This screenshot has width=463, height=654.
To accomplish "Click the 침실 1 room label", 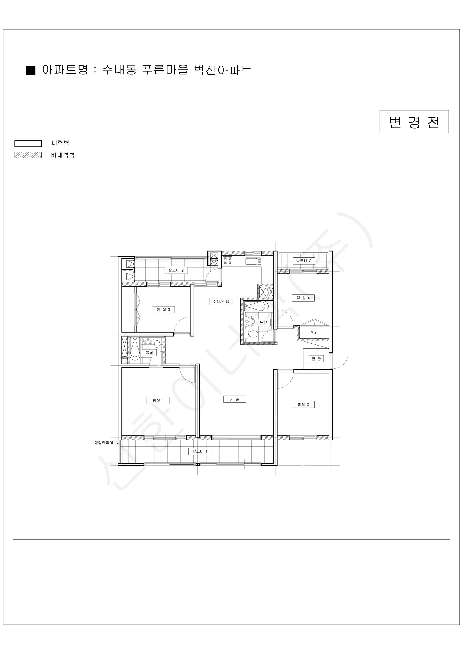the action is pos(158,400).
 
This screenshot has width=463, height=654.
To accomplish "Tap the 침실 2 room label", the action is pos(303,404).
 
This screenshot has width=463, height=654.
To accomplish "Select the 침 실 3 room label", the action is pos(163,310).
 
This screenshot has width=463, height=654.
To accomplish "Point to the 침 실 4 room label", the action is pos(303,298).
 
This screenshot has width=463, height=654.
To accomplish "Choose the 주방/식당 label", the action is pos(221,301).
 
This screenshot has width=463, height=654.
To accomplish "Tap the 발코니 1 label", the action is pos(200,451).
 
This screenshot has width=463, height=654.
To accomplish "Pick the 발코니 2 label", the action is pos(176,270).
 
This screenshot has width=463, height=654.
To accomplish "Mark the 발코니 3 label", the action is pos(304,261).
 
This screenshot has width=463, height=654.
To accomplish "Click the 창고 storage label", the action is pos(314,332).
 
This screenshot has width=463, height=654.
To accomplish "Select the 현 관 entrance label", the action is pos(316,359).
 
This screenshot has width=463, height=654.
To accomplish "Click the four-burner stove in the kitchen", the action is pos(227,261).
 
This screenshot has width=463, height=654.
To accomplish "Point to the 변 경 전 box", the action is pos(414,122).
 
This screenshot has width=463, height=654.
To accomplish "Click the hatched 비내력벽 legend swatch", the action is pos(28,155).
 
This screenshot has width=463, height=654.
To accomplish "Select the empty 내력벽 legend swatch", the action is pos(28,144).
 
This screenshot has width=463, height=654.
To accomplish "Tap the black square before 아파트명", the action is pos(31,70).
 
